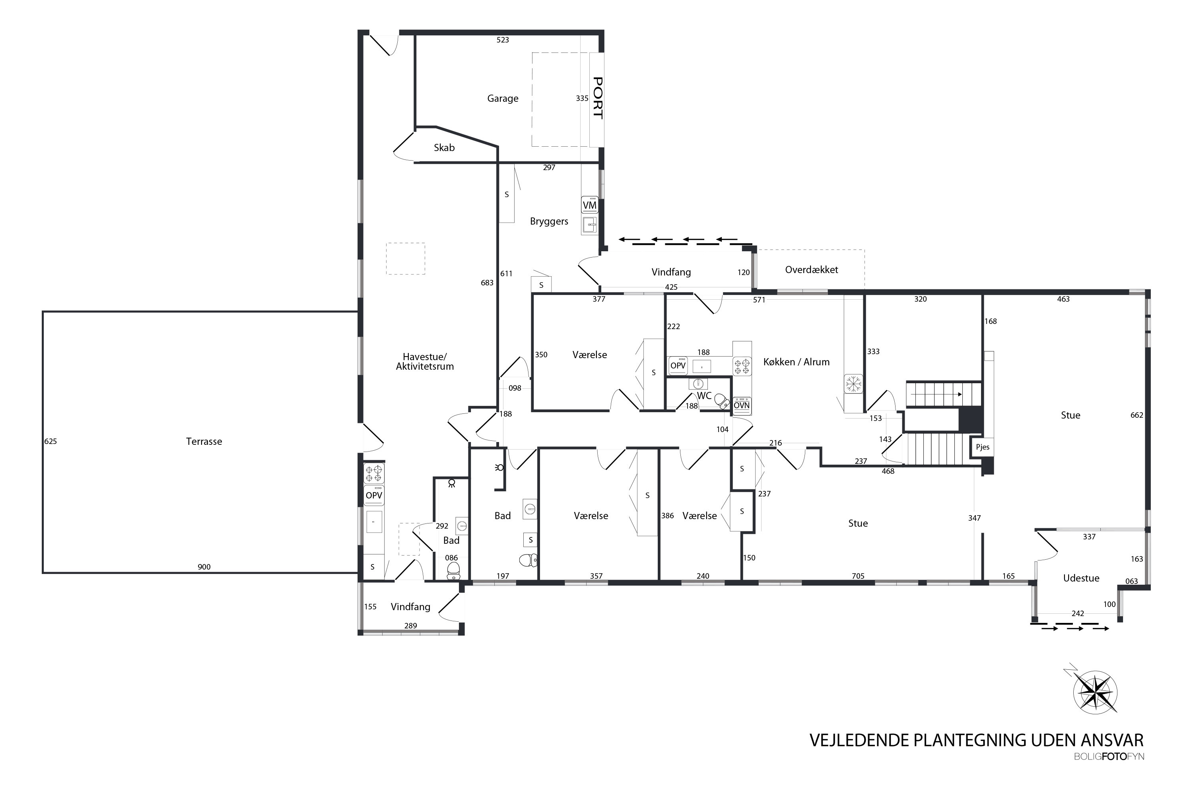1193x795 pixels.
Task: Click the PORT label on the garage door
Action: pyautogui.click(x=598, y=98)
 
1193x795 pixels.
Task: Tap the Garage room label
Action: pyautogui.click(x=503, y=98)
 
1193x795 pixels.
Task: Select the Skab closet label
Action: pyautogui.click(x=444, y=147)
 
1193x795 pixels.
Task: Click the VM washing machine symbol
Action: pyautogui.click(x=589, y=205)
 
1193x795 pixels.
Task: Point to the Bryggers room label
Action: pyautogui.click(x=549, y=221)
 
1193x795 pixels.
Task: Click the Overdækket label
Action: pyautogui.click(x=812, y=270)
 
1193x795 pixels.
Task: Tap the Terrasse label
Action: pyautogui.click(x=204, y=441)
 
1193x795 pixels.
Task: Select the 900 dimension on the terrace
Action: pyautogui.click(x=204, y=567)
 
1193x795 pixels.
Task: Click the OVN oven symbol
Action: pyautogui.click(x=742, y=405)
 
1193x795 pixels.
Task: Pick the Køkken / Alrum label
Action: pyautogui.click(x=797, y=362)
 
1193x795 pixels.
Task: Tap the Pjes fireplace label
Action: pyautogui.click(x=983, y=447)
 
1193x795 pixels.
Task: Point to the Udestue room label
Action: pyautogui.click(x=1081, y=578)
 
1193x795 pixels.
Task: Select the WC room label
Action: pyautogui.click(x=704, y=396)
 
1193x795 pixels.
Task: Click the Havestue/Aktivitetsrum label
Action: pyautogui.click(x=425, y=361)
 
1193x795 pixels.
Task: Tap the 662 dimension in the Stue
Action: pyautogui.click(x=1137, y=415)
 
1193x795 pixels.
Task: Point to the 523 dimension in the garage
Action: pyautogui.click(x=503, y=39)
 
